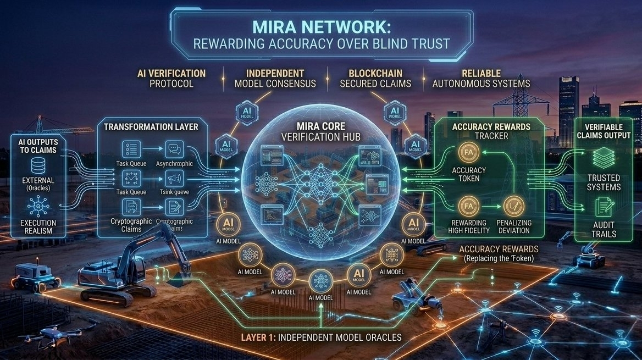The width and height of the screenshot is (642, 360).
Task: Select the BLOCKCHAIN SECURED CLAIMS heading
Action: click(376, 78)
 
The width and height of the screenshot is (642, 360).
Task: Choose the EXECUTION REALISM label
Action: click(38, 226)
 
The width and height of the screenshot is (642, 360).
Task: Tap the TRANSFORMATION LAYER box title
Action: click(151, 127)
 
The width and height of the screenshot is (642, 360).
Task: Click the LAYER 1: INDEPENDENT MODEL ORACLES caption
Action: click(322, 336)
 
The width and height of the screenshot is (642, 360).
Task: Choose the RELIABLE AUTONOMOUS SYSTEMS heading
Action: click(481, 78)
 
